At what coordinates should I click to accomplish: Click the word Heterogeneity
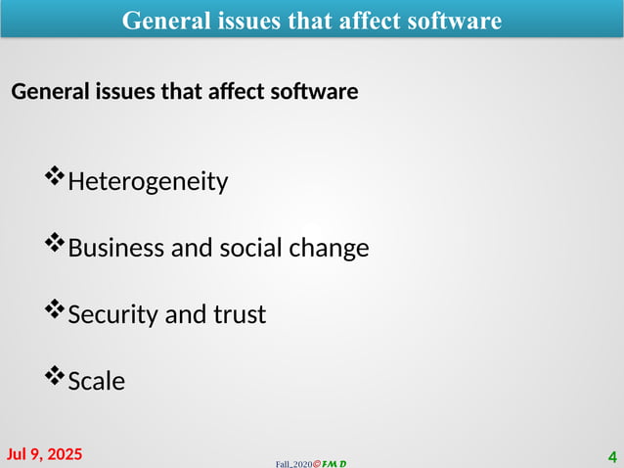[x=148, y=182]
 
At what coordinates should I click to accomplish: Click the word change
[x=329, y=249]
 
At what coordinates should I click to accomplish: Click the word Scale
[x=97, y=381]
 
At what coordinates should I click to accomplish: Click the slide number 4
[x=612, y=456]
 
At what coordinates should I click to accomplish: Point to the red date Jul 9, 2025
[x=45, y=454]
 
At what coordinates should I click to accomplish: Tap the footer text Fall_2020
[x=292, y=462]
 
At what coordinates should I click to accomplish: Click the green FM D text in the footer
[x=334, y=462]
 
